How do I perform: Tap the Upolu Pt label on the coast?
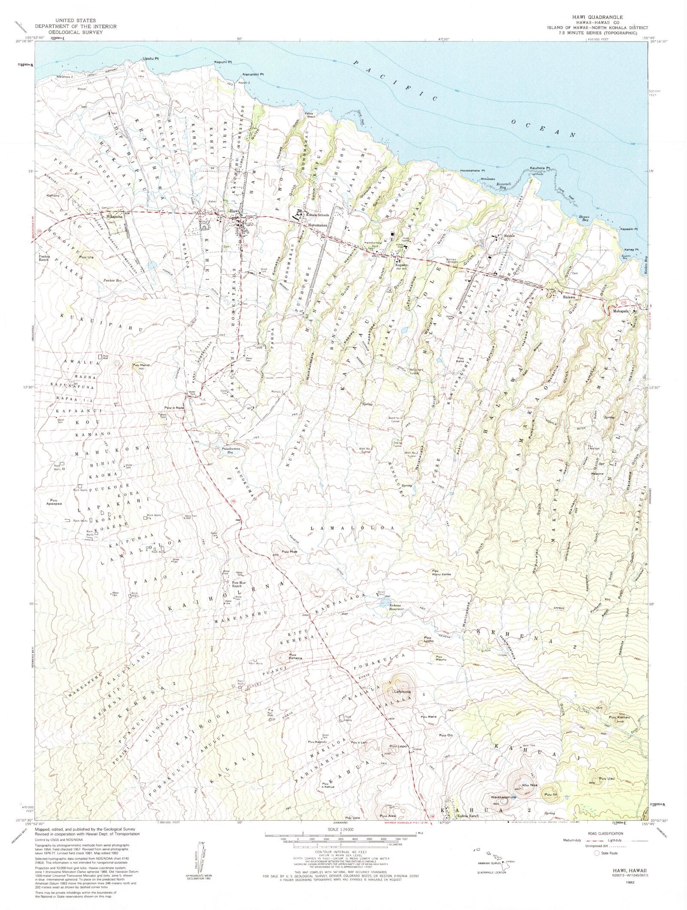point(150,59)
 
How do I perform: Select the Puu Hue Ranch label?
point(238,584)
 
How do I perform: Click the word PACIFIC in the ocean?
point(396,80)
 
